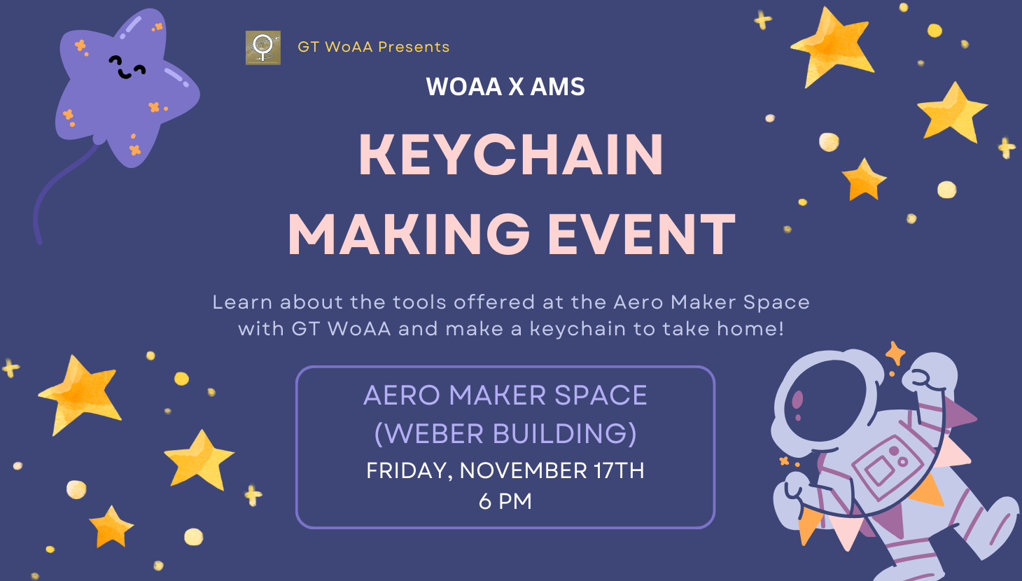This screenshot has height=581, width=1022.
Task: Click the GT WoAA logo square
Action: (262, 48)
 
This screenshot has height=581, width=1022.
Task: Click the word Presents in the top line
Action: (414, 47)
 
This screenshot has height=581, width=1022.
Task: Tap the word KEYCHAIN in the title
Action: (511, 155)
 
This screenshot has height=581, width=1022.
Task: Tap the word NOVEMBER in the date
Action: (523, 470)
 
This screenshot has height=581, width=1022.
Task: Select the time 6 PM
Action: (505, 501)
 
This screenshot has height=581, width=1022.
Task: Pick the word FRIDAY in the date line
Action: (409, 471)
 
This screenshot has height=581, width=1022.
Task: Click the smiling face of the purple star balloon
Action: (127, 67)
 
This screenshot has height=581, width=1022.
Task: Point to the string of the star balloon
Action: (59, 192)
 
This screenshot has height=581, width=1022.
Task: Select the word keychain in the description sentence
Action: (578, 328)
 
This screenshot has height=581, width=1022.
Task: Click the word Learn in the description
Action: (242, 302)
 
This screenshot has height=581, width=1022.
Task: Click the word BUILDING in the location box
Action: (565, 433)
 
